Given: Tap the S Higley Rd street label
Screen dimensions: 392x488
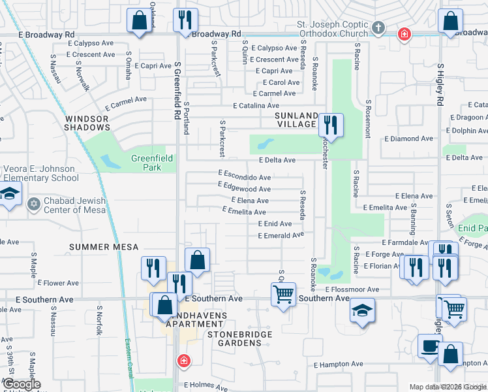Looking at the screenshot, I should coord(440,86).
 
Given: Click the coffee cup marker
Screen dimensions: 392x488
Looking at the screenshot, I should coord(429,347).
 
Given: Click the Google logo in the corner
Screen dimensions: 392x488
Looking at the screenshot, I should coord(21,384).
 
